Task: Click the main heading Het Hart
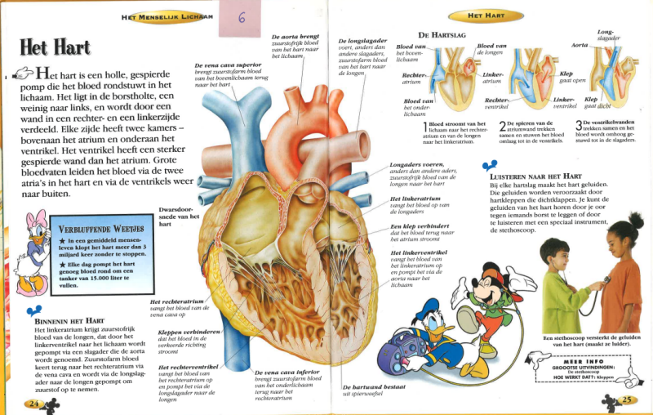pyautogui.click(x=55, y=47)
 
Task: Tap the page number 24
pyautogui.click(x=34, y=403)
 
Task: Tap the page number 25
pyautogui.click(x=627, y=399)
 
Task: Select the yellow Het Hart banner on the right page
pyautogui.click(x=488, y=16)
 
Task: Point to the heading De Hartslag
pyautogui.click(x=441, y=35)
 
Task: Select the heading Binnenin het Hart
pyautogui.click(x=69, y=320)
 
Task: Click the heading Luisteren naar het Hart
pyautogui.click(x=535, y=176)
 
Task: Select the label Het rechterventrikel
pyautogui.click(x=188, y=368)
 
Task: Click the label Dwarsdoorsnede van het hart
pyautogui.click(x=179, y=216)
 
